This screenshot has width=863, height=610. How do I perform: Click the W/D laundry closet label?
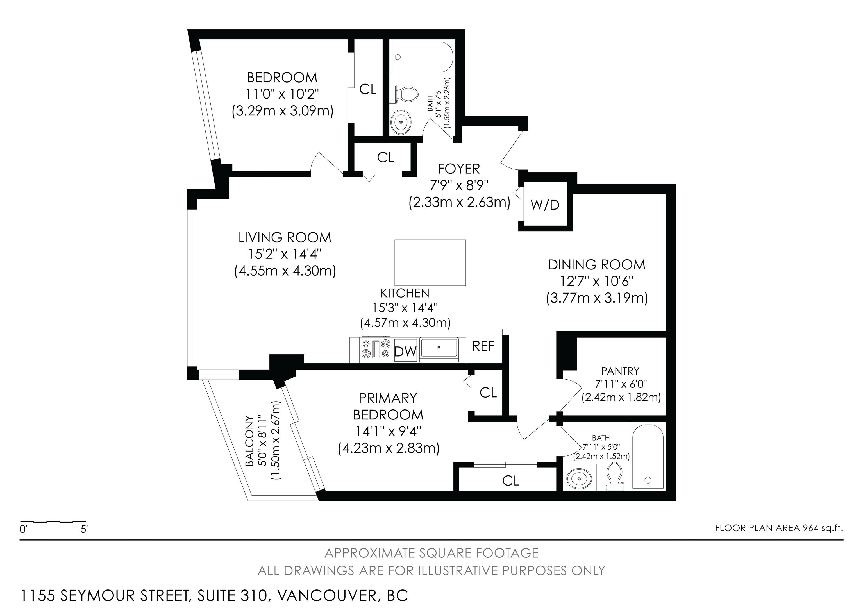point(545,205)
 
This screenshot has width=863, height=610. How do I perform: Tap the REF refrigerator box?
point(484,346)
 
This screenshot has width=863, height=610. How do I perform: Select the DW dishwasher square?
point(406,350)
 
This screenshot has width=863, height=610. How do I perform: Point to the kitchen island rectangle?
point(430,263)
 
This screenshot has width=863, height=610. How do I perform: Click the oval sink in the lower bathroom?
point(579,479)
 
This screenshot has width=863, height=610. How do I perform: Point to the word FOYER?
point(459,169)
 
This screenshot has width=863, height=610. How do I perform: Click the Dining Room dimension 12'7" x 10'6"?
point(596,281)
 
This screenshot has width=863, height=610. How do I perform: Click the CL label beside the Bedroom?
point(368,89)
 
